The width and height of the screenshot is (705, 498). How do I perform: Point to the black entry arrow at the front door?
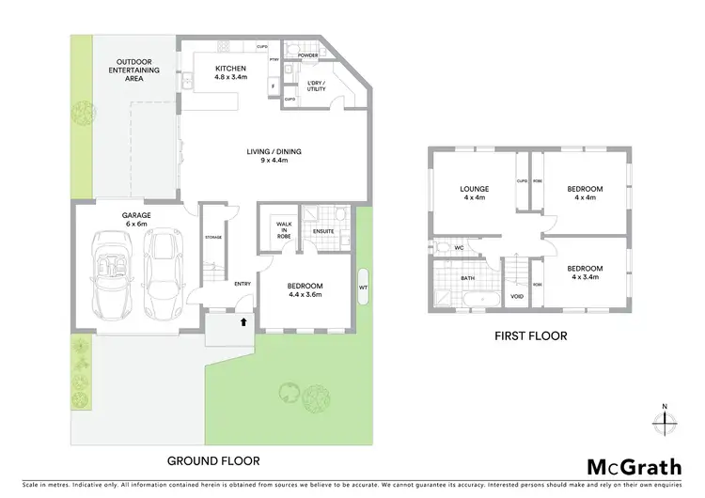point(245,321)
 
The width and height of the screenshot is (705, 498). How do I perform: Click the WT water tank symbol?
point(363,287)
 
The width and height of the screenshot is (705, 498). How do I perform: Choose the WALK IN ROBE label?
point(281,231)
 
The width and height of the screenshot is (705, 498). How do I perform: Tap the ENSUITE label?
point(324,230)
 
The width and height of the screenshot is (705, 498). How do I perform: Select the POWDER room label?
point(307,55)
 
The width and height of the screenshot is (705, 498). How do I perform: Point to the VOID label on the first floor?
point(515,295)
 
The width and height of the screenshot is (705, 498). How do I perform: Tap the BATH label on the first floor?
point(467,278)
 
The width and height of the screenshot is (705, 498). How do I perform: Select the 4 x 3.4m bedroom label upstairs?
point(585,272)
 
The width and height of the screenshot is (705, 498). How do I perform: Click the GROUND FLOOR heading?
point(212,461)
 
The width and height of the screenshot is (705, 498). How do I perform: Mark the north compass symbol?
point(664,420)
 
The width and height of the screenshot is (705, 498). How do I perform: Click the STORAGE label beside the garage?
point(213,238)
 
